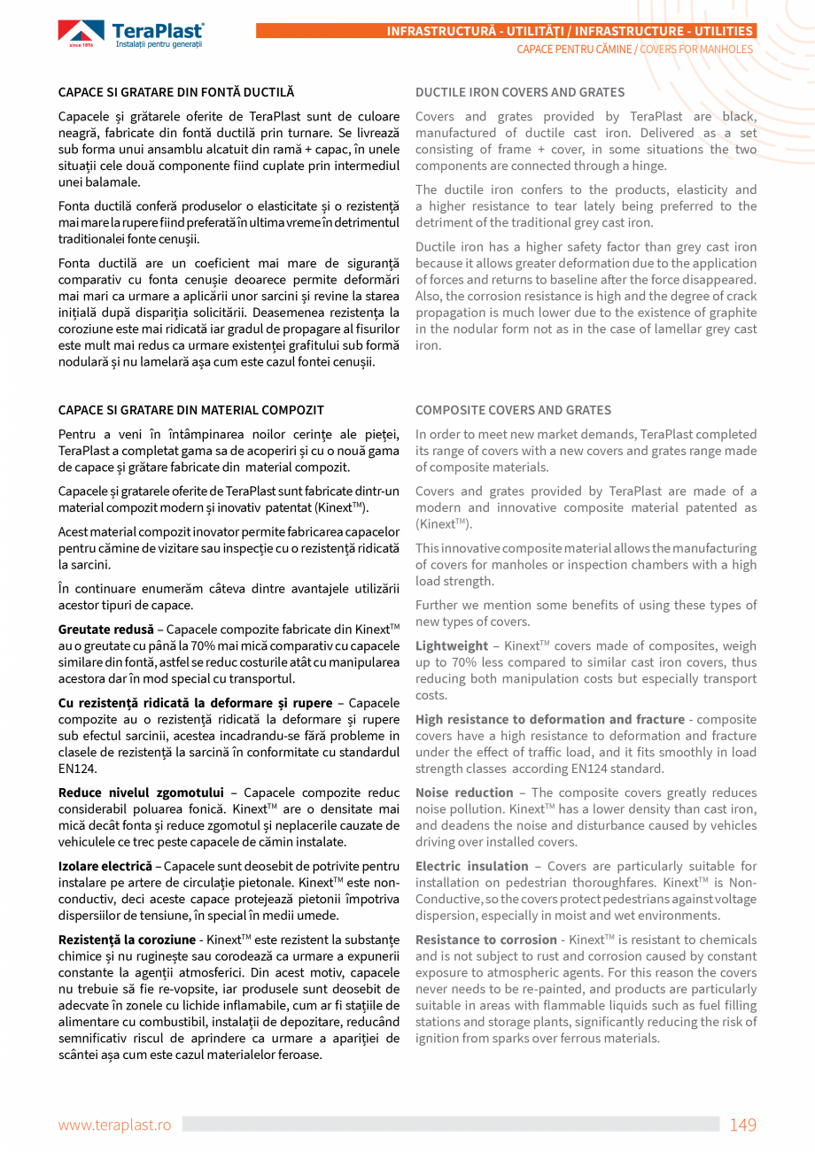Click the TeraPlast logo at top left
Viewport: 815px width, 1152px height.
click(x=131, y=34)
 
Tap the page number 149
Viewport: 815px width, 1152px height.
click(x=742, y=1125)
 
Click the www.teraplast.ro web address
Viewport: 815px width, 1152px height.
click(x=114, y=1125)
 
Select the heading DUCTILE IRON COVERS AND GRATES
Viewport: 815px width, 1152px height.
click(x=520, y=92)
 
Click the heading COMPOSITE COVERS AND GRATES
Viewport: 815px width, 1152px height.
click(x=513, y=410)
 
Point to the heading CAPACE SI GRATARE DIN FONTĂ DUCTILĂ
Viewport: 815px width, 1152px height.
click(x=176, y=92)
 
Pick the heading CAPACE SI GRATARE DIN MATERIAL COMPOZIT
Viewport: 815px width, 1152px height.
click(x=190, y=410)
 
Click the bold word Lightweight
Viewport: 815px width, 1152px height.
click(x=451, y=646)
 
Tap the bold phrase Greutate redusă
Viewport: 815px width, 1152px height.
click(x=105, y=630)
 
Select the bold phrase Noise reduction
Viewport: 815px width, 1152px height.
click(x=464, y=792)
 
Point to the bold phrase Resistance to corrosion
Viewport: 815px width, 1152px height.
click(x=486, y=939)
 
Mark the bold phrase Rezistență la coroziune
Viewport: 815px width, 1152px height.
click(x=127, y=939)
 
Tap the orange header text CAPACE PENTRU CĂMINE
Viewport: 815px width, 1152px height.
click(x=574, y=50)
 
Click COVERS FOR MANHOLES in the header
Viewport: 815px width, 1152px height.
click(x=696, y=50)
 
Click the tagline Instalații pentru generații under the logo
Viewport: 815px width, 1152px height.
click(x=159, y=44)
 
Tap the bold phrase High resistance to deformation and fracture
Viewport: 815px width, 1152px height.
click(x=549, y=720)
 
